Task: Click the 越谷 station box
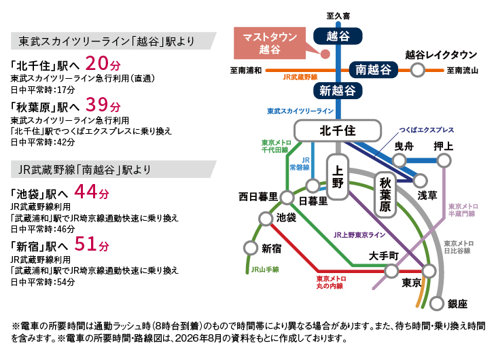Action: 338,36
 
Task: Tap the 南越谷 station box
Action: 373,69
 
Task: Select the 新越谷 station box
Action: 338,91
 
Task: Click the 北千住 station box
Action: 338,130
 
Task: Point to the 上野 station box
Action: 338,177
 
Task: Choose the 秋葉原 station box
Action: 385,195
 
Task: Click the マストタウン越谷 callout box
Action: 270,43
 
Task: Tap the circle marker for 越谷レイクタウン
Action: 418,69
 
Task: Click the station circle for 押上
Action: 444,160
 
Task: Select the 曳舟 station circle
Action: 400,160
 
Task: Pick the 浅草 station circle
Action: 421,181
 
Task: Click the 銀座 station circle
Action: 437,304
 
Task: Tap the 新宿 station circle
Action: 251,248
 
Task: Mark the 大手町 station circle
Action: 391,271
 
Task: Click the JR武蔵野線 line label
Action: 300,77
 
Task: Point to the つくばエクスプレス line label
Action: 427,130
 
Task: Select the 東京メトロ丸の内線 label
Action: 331,282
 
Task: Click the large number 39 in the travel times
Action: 96,105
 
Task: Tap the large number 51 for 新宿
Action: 85,244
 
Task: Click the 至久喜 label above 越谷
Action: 338,16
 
